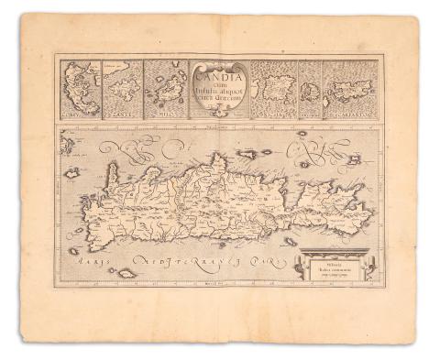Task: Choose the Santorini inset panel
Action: (x=308, y=90)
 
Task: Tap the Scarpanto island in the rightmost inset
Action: (x=352, y=92)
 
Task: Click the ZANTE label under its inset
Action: (x=122, y=115)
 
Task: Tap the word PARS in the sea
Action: (x=266, y=261)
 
